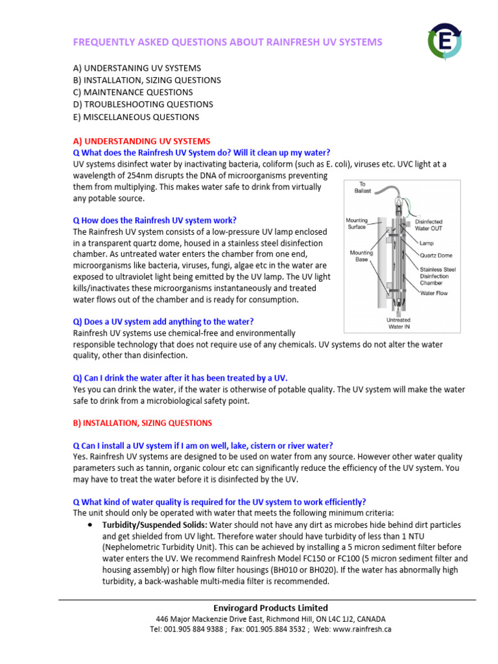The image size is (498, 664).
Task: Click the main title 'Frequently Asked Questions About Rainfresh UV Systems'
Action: click(228, 42)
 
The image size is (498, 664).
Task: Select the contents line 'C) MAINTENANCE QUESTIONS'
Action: click(132, 92)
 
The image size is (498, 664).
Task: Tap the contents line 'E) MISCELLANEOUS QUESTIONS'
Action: click(136, 117)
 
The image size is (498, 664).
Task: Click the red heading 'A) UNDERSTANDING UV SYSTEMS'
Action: click(141, 141)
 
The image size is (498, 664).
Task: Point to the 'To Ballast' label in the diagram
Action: click(368, 187)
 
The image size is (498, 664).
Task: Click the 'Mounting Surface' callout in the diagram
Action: click(357, 224)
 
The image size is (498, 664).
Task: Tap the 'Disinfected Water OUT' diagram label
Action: click(439, 224)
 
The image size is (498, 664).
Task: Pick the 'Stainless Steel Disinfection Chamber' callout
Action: click(442, 276)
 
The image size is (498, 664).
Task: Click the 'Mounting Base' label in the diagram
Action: click(361, 256)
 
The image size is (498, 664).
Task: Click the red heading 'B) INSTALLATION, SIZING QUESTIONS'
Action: click(142, 423)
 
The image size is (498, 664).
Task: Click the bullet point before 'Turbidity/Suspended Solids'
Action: click(89, 524)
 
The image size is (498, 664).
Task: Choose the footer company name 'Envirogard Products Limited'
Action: click(270, 608)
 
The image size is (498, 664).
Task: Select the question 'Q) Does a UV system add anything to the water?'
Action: click(163, 322)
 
